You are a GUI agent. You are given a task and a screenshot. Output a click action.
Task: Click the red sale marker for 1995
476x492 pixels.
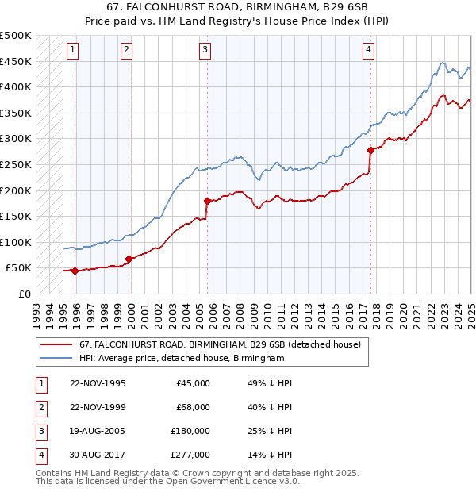click(x=75, y=271)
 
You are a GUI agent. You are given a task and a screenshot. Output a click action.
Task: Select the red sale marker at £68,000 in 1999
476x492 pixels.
click(x=129, y=259)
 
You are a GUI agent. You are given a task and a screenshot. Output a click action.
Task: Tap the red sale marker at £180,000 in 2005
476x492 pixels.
click(x=207, y=201)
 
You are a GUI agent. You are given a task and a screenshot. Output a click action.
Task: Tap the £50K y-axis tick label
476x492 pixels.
click(x=19, y=268)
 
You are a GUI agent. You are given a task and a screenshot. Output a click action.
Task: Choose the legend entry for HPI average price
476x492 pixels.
click(x=182, y=359)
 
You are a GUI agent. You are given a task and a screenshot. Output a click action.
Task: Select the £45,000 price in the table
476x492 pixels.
click(x=193, y=383)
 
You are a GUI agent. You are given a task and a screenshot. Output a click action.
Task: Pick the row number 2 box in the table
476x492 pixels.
click(x=40, y=407)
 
